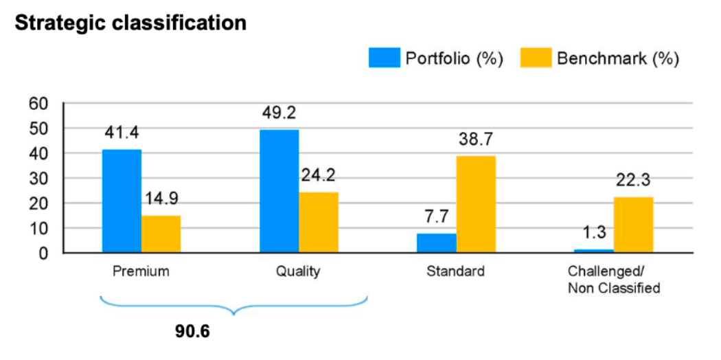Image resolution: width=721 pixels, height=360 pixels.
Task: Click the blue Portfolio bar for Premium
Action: (122, 201)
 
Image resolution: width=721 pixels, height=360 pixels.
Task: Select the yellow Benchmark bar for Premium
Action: (161, 234)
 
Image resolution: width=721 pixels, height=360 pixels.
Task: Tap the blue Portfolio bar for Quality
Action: (279, 191)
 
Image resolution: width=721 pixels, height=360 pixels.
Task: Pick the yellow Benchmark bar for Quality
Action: (319, 223)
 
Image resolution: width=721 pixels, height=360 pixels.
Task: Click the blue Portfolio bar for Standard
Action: (436, 243)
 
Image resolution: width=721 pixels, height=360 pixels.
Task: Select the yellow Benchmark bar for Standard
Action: (476, 204)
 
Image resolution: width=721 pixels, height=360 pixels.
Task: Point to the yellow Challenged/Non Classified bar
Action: (633, 225)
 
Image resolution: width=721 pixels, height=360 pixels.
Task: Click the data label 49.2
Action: (279, 113)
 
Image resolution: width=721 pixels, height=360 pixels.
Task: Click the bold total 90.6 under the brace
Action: (192, 331)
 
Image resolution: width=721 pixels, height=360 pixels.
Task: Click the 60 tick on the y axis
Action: (38, 104)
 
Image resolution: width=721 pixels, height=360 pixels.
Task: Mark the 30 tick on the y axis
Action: (38, 179)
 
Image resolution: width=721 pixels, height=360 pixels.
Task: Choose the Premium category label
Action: (141, 271)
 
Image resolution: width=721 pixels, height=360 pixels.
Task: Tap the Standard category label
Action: (455, 271)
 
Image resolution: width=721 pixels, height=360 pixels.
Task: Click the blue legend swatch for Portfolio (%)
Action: (384, 58)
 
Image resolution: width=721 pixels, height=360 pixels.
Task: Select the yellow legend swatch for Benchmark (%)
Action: (536, 58)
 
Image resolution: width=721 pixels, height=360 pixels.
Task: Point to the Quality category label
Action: (298, 271)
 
